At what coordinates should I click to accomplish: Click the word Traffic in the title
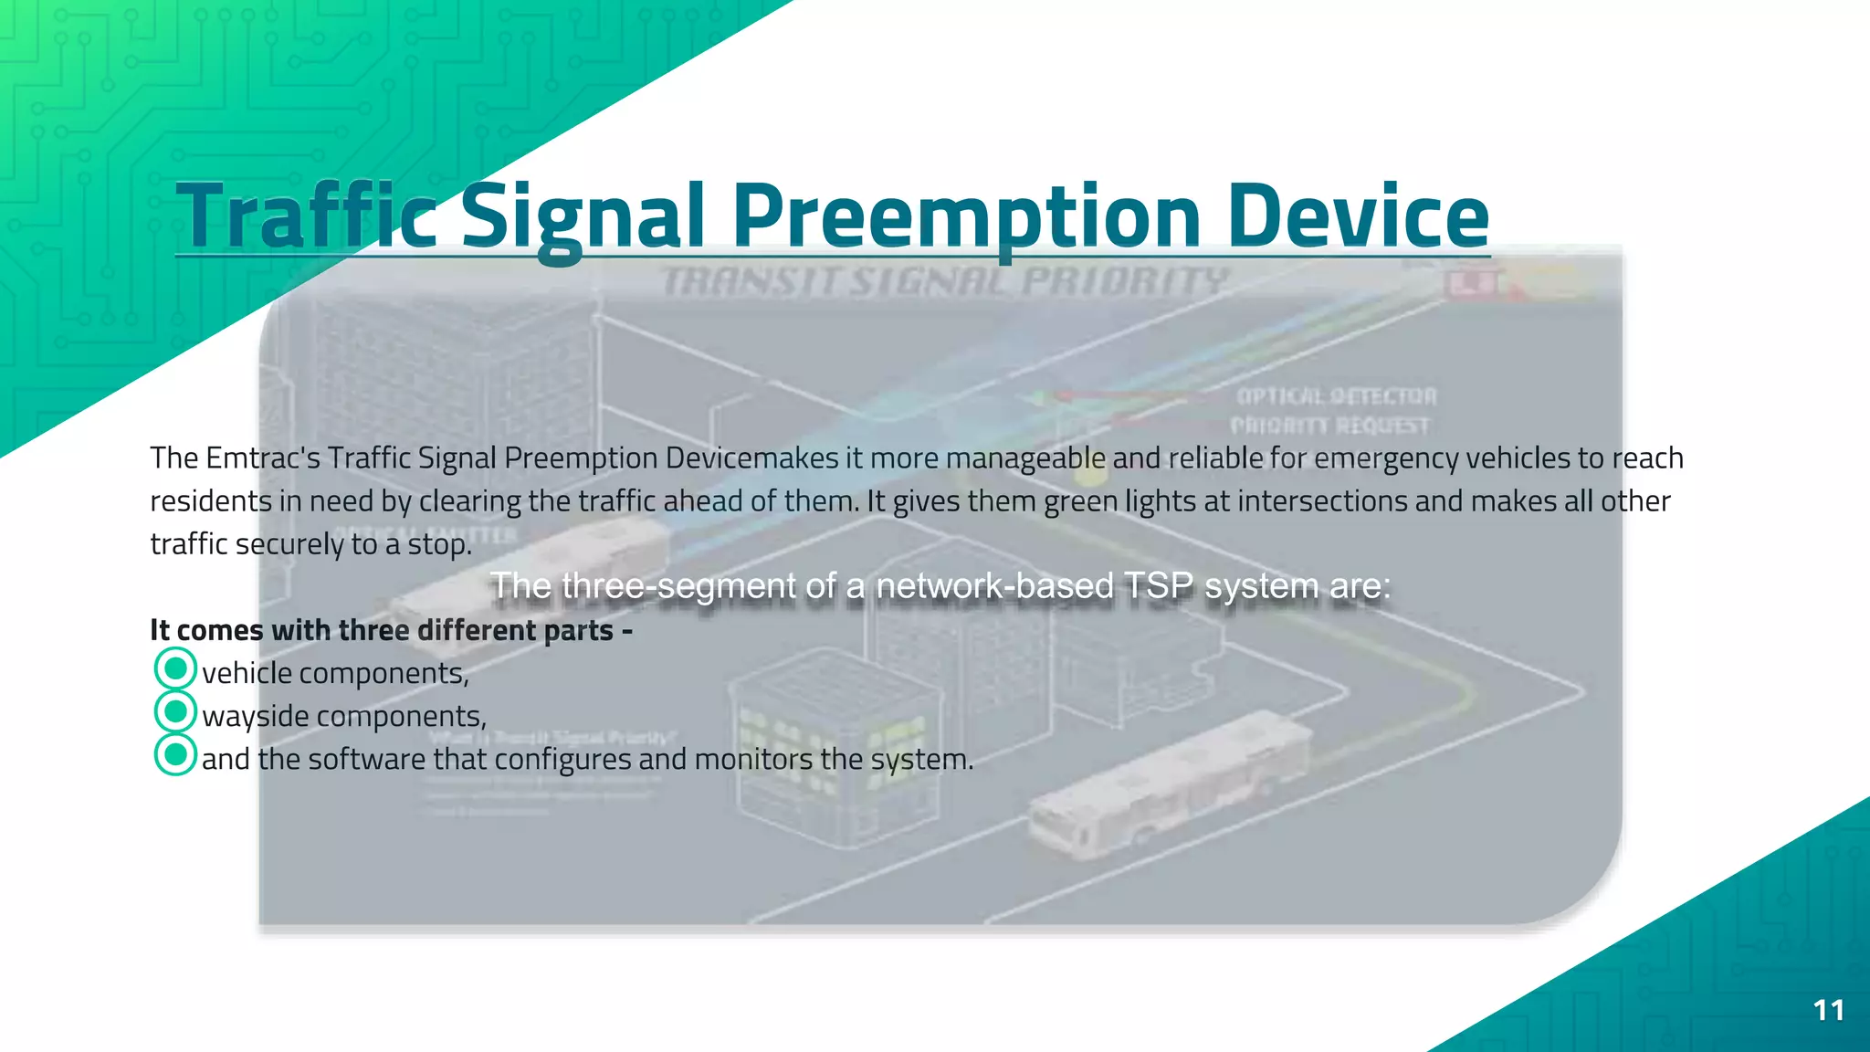tap(306, 216)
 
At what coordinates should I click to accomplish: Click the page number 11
tap(1828, 1010)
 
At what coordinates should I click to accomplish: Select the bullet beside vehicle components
tap(175, 669)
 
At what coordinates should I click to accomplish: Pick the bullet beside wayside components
tap(175, 712)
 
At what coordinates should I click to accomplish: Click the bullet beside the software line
tap(175, 755)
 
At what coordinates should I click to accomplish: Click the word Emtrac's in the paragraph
tap(263, 458)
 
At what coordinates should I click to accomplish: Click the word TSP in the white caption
tap(1158, 585)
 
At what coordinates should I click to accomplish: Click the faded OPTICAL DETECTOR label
tap(1337, 396)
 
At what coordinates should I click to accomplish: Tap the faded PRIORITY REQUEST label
tap(1330, 426)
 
